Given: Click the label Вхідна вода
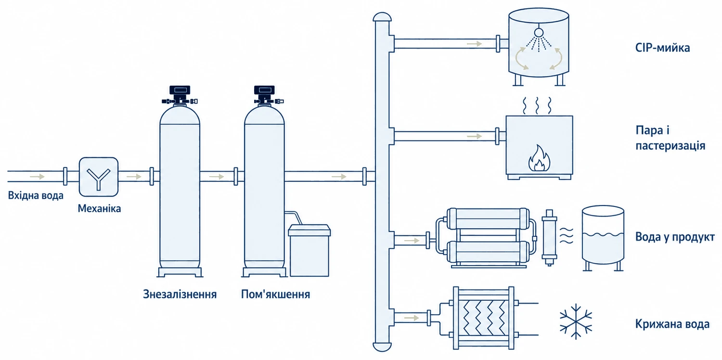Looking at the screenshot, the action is point(36,195).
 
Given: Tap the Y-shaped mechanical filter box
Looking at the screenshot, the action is point(99,177).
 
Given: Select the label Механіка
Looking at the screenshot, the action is point(99,208).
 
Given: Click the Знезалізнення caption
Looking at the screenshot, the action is point(180,294).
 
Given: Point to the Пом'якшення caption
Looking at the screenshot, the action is point(276,294).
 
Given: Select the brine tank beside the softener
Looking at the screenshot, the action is point(309,250).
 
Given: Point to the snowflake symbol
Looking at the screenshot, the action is point(576,321).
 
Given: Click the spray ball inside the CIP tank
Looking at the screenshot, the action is point(539,32).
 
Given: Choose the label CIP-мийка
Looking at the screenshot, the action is point(662,48).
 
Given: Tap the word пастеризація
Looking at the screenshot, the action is point(670,146).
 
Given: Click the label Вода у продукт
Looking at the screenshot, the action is point(675,237).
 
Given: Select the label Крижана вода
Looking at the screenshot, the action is point(672,324).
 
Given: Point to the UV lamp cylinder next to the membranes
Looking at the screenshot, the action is point(549,237).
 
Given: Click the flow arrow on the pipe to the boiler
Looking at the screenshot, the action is point(475,136).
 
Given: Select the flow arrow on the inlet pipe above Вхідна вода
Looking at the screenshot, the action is point(37,177).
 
